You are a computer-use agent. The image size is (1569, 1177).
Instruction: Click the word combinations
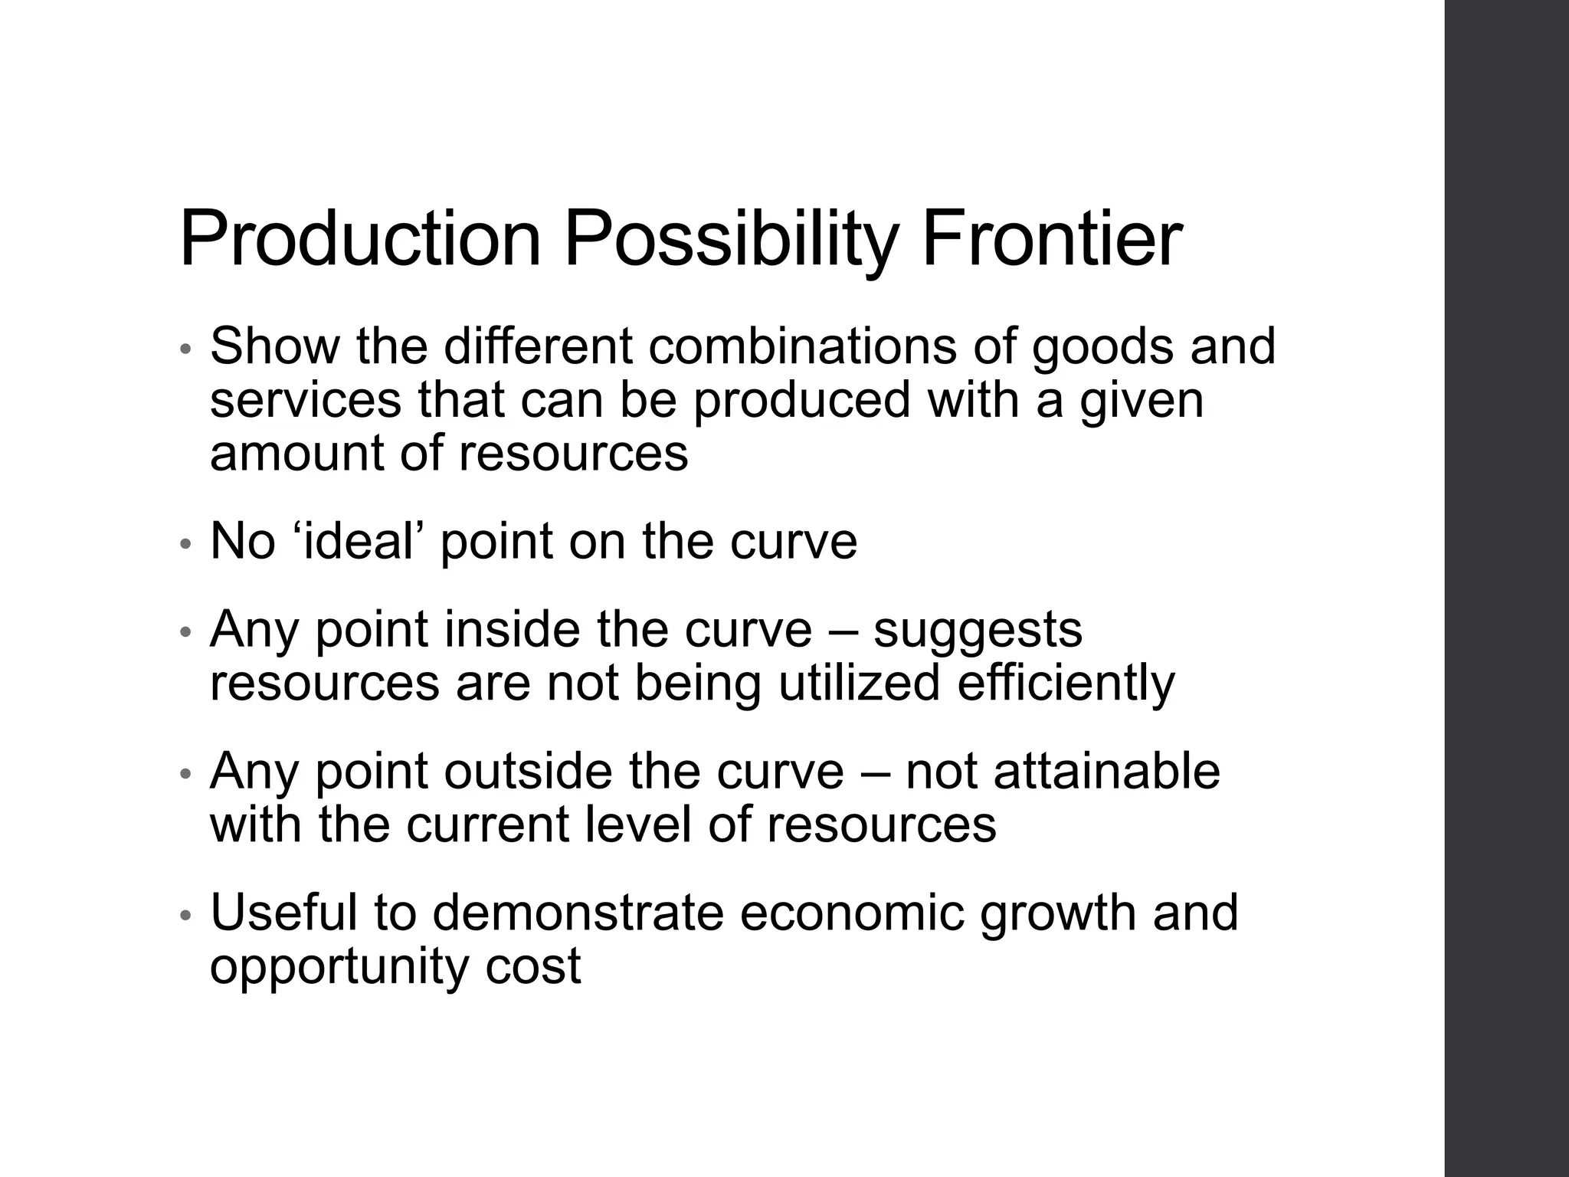(802, 346)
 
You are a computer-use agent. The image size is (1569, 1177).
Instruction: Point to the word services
(305, 400)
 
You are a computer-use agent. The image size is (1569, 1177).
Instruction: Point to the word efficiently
(1066, 684)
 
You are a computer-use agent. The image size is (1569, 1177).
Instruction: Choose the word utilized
(859, 684)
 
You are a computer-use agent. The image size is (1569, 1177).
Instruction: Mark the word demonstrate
(578, 913)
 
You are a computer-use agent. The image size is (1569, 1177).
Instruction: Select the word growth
(1058, 913)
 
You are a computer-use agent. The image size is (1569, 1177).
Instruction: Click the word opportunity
(339, 967)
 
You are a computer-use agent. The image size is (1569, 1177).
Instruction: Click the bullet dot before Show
(184, 349)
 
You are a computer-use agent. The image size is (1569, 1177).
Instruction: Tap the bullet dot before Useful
(184, 915)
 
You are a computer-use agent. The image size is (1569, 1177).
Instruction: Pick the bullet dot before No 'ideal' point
(184, 544)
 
